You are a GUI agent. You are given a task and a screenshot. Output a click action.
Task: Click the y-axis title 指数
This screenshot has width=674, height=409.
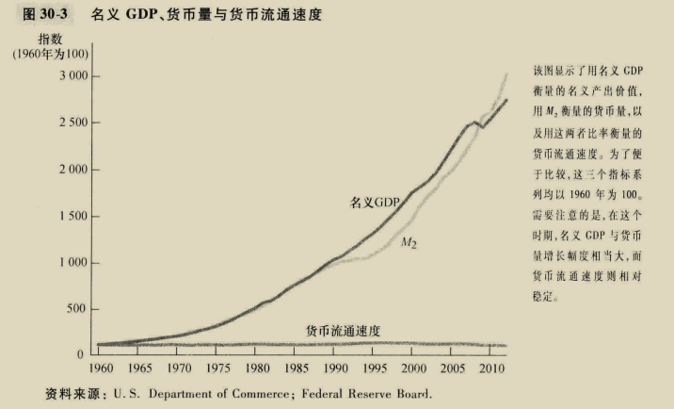50,40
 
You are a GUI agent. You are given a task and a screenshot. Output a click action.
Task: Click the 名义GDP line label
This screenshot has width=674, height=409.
376,202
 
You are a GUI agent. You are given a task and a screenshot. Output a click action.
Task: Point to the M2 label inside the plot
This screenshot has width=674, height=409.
409,244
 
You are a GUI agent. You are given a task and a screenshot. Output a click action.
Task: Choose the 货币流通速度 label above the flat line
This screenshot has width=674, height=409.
343,331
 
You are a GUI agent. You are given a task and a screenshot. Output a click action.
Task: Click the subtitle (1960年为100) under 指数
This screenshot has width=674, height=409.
50,56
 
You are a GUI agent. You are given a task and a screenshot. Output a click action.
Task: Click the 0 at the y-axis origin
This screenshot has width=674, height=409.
83,354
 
